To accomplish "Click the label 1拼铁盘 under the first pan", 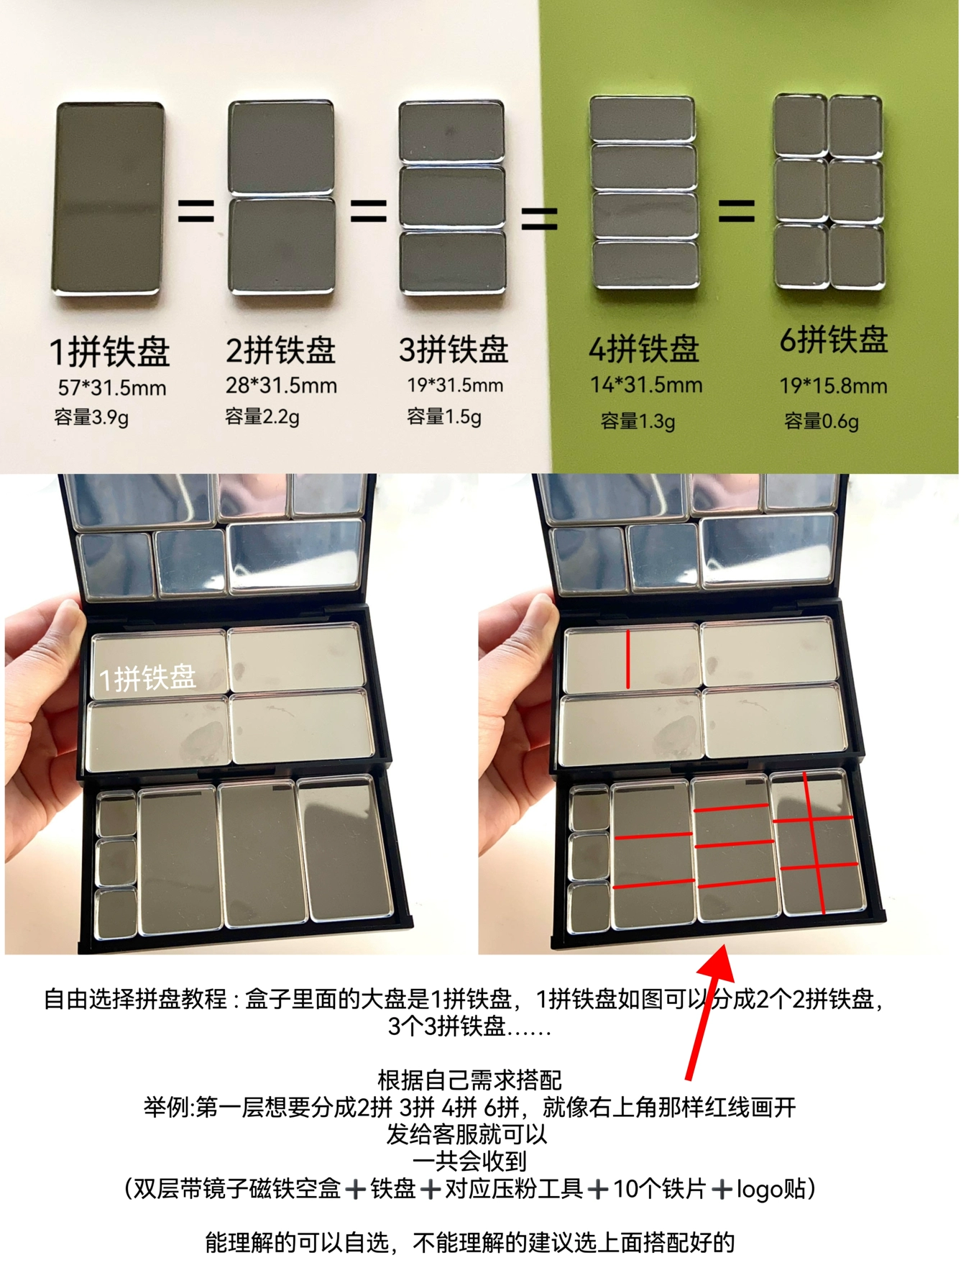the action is click(109, 352).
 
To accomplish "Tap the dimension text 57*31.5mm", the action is click(112, 388).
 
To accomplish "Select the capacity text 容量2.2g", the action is click(262, 416).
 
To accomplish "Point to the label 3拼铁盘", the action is click(454, 350).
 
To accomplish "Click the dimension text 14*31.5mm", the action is click(646, 385).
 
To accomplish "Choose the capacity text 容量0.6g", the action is click(822, 421).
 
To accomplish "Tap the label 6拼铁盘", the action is click(834, 339).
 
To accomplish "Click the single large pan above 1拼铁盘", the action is click(109, 199).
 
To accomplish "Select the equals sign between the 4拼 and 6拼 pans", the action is click(737, 211).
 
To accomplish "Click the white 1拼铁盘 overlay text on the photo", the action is click(147, 678).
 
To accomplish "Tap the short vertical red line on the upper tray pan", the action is click(627, 659).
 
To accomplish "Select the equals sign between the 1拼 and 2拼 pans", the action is click(196, 210).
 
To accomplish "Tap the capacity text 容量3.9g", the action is click(91, 417).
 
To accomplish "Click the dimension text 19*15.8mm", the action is click(834, 386).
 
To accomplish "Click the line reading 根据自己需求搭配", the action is click(469, 1080).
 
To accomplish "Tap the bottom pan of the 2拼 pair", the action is click(282, 246).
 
